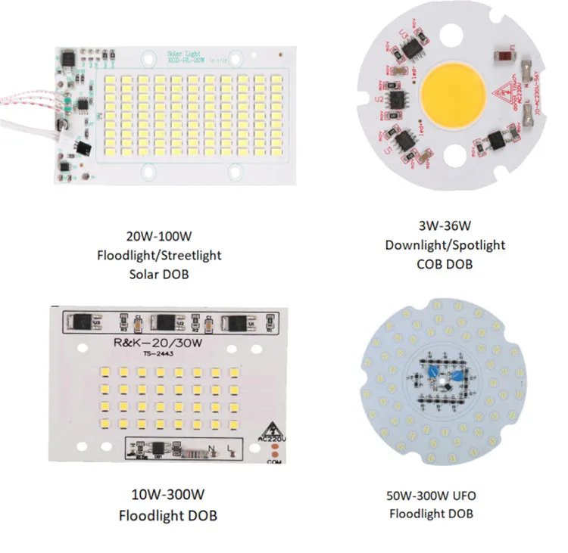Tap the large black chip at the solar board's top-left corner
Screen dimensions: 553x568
67,57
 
